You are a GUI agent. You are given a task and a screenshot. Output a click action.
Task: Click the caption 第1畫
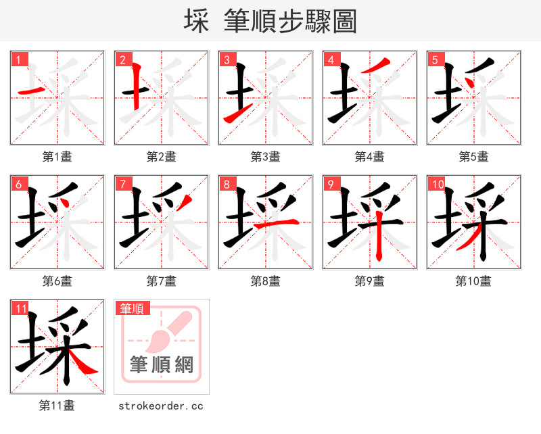click(57, 157)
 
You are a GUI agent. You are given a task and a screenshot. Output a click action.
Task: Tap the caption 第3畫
click(266, 157)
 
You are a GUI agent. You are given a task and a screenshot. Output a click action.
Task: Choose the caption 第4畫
click(370, 157)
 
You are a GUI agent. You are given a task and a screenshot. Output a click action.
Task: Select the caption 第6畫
click(57, 281)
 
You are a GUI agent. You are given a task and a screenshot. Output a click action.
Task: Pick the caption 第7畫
click(162, 281)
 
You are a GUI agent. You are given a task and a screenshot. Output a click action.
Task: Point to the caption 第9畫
click(370, 281)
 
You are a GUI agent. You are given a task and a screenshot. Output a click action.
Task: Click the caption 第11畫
click(57, 406)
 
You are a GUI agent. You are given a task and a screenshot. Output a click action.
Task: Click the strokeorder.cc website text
click(161, 406)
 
